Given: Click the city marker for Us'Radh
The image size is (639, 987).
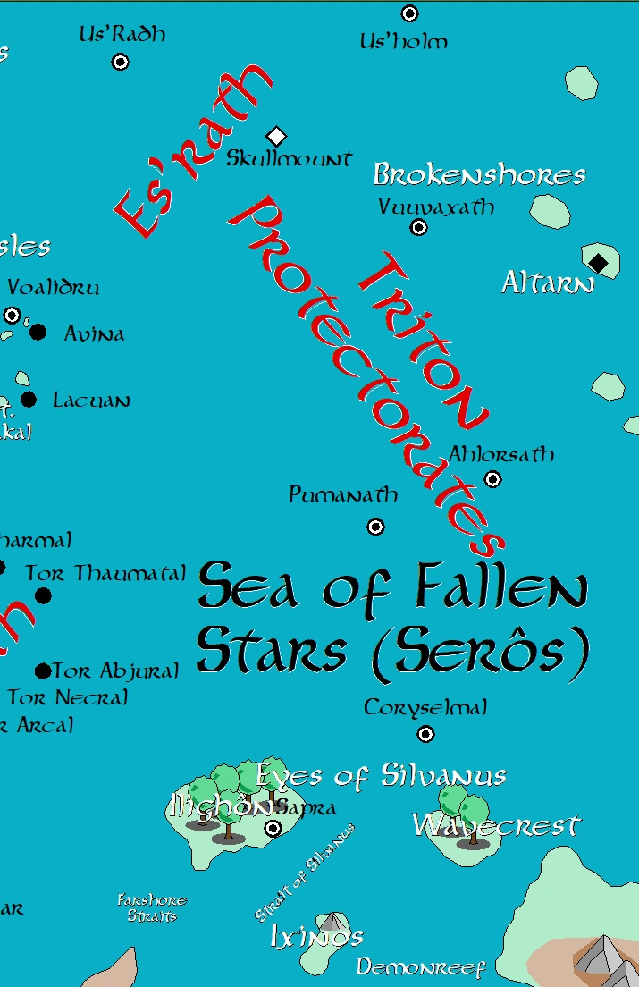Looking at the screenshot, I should pyautogui.click(x=120, y=62).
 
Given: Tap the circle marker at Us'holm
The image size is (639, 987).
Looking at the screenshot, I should pyautogui.click(x=409, y=13).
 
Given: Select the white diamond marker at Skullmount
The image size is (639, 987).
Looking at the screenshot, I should pyautogui.click(x=276, y=136).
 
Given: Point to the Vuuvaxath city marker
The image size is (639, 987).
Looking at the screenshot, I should pyautogui.click(x=418, y=227).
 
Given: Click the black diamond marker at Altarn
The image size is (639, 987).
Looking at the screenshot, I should pyautogui.click(x=598, y=262).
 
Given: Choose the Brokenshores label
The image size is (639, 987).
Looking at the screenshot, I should pyautogui.click(x=479, y=174).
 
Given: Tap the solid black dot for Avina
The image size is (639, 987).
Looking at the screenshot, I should pyautogui.click(x=38, y=333).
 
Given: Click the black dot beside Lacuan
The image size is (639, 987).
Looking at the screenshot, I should pyautogui.click(x=29, y=400).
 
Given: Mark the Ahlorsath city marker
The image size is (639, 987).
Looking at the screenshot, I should pyautogui.click(x=492, y=480).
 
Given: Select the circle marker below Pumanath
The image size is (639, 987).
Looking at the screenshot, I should pyautogui.click(x=376, y=527).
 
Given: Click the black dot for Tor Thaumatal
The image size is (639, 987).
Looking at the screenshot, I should pyautogui.click(x=43, y=595).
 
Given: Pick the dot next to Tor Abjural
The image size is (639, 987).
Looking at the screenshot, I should pyautogui.click(x=42, y=671).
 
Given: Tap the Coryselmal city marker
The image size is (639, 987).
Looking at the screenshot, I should pyautogui.click(x=425, y=734).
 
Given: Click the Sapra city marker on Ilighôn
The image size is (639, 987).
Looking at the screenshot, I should pyautogui.click(x=273, y=829).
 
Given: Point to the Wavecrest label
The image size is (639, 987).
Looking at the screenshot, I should pyautogui.click(x=497, y=825).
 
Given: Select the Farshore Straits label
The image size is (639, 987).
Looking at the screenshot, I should pyautogui.click(x=152, y=908).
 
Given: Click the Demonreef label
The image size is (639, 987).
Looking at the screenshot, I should pyautogui.click(x=420, y=967).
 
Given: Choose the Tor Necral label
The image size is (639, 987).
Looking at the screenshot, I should pyautogui.click(x=68, y=697).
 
